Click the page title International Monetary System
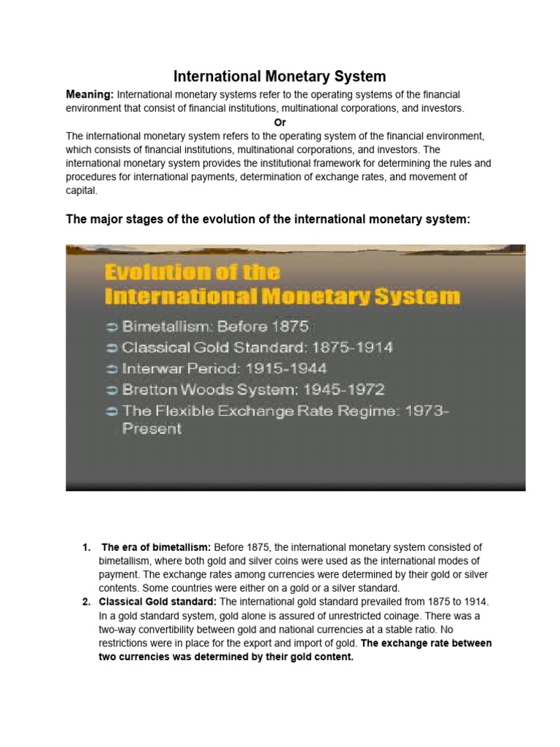pyautogui.click(x=279, y=77)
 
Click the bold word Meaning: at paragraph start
pyautogui.click(x=90, y=95)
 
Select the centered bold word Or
pyautogui.click(x=279, y=122)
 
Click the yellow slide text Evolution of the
pyautogui.click(x=192, y=273)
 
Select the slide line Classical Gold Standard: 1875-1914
pyautogui.click(x=257, y=347)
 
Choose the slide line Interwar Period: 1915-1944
pyautogui.click(x=225, y=368)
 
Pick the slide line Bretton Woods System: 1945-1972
pyautogui.click(x=253, y=390)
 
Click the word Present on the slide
pyautogui.click(x=152, y=429)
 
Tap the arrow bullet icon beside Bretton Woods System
pyautogui.click(x=111, y=390)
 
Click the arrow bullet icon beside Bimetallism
pyautogui.click(x=111, y=326)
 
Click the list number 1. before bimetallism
pyautogui.click(x=85, y=547)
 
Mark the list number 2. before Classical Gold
pyautogui.click(x=85, y=602)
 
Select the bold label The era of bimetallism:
pyautogui.click(x=156, y=547)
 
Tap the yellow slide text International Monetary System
pyautogui.click(x=282, y=297)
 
